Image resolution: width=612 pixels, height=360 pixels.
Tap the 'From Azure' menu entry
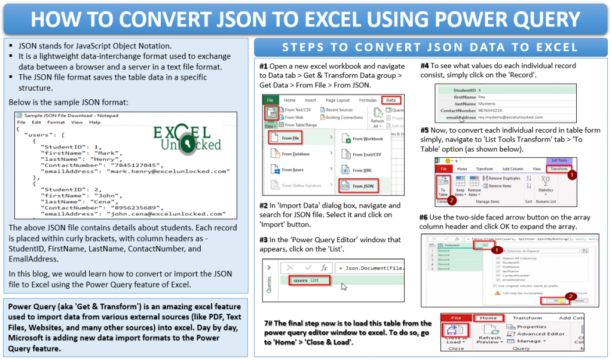[291, 170]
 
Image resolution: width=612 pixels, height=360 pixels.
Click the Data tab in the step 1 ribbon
[391, 100]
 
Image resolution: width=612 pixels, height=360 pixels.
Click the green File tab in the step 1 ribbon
[270, 100]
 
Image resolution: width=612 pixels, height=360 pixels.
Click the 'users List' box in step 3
[310, 280]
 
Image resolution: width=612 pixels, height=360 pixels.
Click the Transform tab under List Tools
[559, 169]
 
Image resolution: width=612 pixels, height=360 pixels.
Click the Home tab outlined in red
[488, 318]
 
